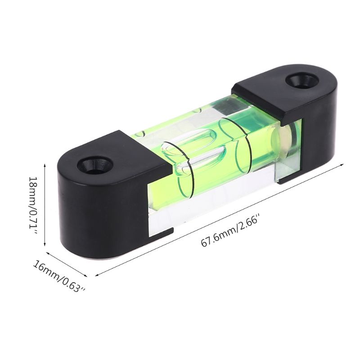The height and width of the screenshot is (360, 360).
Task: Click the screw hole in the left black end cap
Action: tap(95, 165)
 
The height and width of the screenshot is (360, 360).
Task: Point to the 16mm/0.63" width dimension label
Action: tap(59, 276)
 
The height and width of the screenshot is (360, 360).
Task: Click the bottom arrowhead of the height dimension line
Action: tap(45, 243)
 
